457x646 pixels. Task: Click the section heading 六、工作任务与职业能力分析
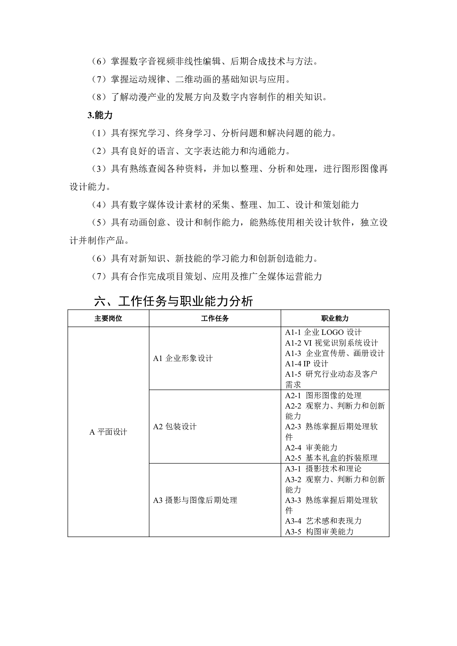tap(173, 301)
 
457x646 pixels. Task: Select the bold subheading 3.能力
tap(100, 115)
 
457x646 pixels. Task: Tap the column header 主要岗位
tap(108, 318)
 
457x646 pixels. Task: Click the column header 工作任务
tap(214, 318)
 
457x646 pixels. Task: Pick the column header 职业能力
tap(335, 318)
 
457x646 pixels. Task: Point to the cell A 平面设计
tap(108, 432)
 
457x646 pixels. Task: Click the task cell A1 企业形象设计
tap(183, 358)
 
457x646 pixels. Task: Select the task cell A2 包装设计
tap(175, 427)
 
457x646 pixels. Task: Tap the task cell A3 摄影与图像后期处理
tap(195, 500)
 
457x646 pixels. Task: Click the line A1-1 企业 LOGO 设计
tap(323, 333)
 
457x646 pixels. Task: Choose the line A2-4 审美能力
tap(311, 448)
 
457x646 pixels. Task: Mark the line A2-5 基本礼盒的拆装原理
tap(331, 458)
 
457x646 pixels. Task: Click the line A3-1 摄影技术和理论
tap(323, 469)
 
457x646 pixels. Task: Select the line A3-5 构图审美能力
tap(319, 532)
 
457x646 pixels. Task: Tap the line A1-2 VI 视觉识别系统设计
tap(332, 343)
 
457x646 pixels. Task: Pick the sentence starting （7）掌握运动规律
tap(191, 79)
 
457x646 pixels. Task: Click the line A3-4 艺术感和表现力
tap(323, 521)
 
